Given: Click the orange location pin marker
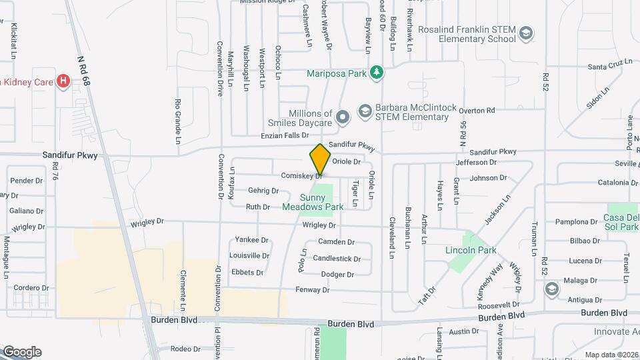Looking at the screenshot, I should (321, 159).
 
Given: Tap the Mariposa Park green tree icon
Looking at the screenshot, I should (377, 73).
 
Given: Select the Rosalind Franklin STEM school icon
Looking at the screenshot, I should (527, 33).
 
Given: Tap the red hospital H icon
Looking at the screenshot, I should (63, 81).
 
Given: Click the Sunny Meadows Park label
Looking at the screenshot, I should (313, 202).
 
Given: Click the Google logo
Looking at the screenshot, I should (22, 352).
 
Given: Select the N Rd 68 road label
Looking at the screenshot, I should (83, 67).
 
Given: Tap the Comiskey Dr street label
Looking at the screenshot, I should (302, 175).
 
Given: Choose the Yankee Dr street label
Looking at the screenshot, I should (251, 240).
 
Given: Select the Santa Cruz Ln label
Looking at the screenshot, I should (609, 67).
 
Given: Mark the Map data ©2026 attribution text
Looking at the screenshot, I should (611, 355).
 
